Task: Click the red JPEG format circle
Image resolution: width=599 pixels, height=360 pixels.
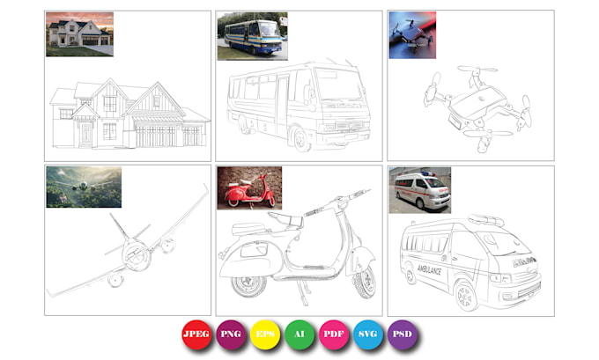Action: (x=196, y=334)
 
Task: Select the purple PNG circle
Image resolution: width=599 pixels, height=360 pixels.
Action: (x=231, y=334)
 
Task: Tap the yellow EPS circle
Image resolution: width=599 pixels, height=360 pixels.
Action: (x=265, y=334)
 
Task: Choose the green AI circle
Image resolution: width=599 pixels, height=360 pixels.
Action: (x=299, y=334)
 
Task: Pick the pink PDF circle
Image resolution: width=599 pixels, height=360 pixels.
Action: (x=334, y=334)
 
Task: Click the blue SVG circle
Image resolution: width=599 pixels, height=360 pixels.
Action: (x=368, y=334)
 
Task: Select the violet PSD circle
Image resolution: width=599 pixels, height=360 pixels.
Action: (x=403, y=334)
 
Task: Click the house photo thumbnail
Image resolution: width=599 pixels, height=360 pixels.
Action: (x=79, y=34)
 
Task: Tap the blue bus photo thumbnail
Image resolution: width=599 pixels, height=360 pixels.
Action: (x=252, y=36)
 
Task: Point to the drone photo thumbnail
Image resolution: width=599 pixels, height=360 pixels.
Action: (x=412, y=35)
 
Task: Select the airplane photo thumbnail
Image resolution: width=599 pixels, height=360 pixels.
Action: (x=84, y=187)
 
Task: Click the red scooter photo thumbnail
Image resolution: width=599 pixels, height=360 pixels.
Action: (x=249, y=187)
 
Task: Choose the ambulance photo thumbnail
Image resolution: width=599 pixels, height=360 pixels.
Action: (x=420, y=190)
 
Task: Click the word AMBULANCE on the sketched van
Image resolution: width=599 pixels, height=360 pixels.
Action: (x=429, y=270)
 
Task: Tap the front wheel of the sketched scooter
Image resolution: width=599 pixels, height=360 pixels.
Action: (x=365, y=283)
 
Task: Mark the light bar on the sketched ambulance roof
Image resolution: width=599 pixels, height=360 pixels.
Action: (x=485, y=220)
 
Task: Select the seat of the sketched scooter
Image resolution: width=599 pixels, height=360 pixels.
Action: (x=285, y=220)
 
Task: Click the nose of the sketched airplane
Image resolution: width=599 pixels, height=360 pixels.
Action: (x=136, y=255)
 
